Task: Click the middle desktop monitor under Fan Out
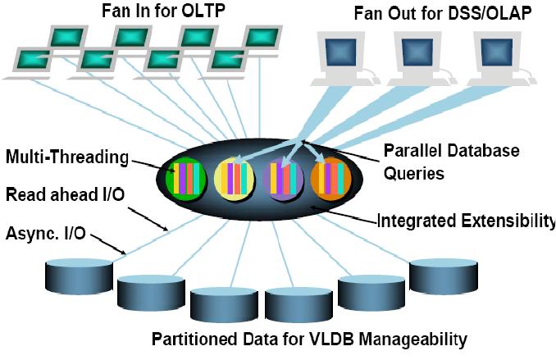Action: pos(417,52)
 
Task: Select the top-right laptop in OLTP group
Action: pos(262,38)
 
